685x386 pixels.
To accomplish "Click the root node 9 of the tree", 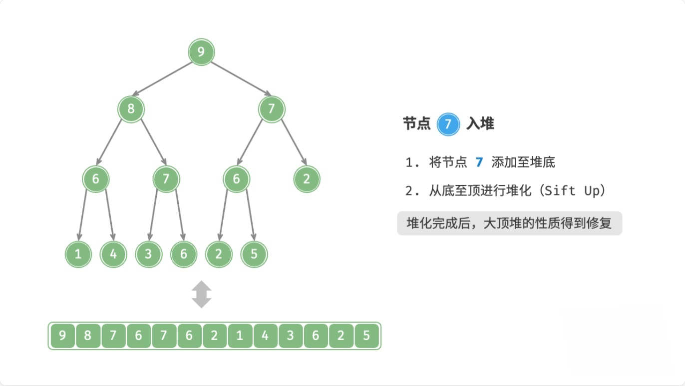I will [x=201, y=52].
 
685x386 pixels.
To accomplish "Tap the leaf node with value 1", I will [x=78, y=254].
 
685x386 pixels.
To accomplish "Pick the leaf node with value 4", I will [x=113, y=254].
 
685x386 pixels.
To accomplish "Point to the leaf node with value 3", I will [x=148, y=254].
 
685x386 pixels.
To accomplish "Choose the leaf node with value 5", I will [x=254, y=254].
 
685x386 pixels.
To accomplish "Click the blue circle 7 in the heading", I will [x=448, y=124].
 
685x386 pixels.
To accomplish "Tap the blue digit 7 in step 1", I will [x=479, y=162].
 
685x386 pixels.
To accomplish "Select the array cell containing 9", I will [x=62, y=335].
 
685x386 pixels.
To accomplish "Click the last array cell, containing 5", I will [x=366, y=335].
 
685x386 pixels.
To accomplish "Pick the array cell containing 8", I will [x=87, y=335].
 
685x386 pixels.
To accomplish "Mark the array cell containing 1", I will [x=240, y=335].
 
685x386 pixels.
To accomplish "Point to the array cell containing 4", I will [x=265, y=335].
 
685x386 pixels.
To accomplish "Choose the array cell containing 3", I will [x=291, y=335].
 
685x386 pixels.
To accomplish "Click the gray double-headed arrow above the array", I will [x=201, y=294].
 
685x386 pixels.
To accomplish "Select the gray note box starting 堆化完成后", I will [x=509, y=223].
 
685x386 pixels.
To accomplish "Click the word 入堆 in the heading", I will [x=480, y=124].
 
